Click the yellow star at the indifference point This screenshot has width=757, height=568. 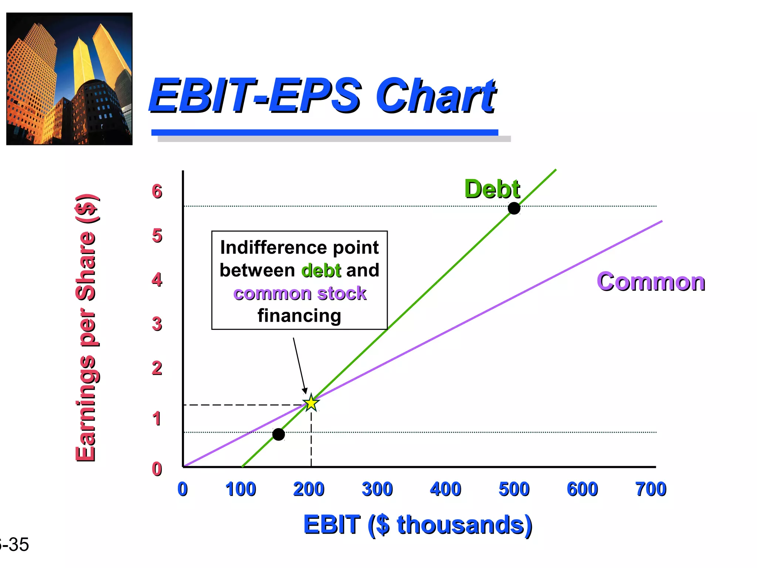point(311,403)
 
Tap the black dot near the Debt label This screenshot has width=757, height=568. point(514,209)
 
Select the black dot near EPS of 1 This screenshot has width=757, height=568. point(278,434)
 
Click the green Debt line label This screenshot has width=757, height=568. point(492,189)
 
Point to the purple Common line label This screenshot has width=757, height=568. point(651,282)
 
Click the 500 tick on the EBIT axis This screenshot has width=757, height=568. point(514,489)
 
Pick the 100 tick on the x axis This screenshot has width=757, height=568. point(241,489)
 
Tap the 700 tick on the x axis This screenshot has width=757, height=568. point(651,489)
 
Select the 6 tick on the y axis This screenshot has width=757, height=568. point(157,192)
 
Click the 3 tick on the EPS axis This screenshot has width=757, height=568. point(157,324)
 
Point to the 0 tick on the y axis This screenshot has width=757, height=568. point(157,469)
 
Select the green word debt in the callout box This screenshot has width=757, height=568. point(321,270)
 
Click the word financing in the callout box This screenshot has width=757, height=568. point(299,316)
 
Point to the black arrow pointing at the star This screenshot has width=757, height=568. point(299,364)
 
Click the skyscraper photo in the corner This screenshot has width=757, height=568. point(69,79)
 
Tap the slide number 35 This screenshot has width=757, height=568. point(17,544)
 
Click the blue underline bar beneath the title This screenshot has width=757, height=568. point(325,132)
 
